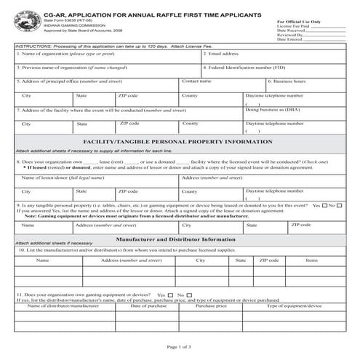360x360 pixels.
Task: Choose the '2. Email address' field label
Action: (222, 54)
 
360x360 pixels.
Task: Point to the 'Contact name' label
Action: (196, 81)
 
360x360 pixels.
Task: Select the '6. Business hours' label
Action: (287, 81)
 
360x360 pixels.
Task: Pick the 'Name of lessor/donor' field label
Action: (55, 177)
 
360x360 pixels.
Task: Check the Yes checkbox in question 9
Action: (324, 206)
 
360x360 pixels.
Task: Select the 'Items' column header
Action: (311, 260)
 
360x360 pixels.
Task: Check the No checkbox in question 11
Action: (190, 295)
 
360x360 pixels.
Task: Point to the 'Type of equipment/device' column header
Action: (294, 305)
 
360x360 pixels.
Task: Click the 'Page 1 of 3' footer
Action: (180, 346)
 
